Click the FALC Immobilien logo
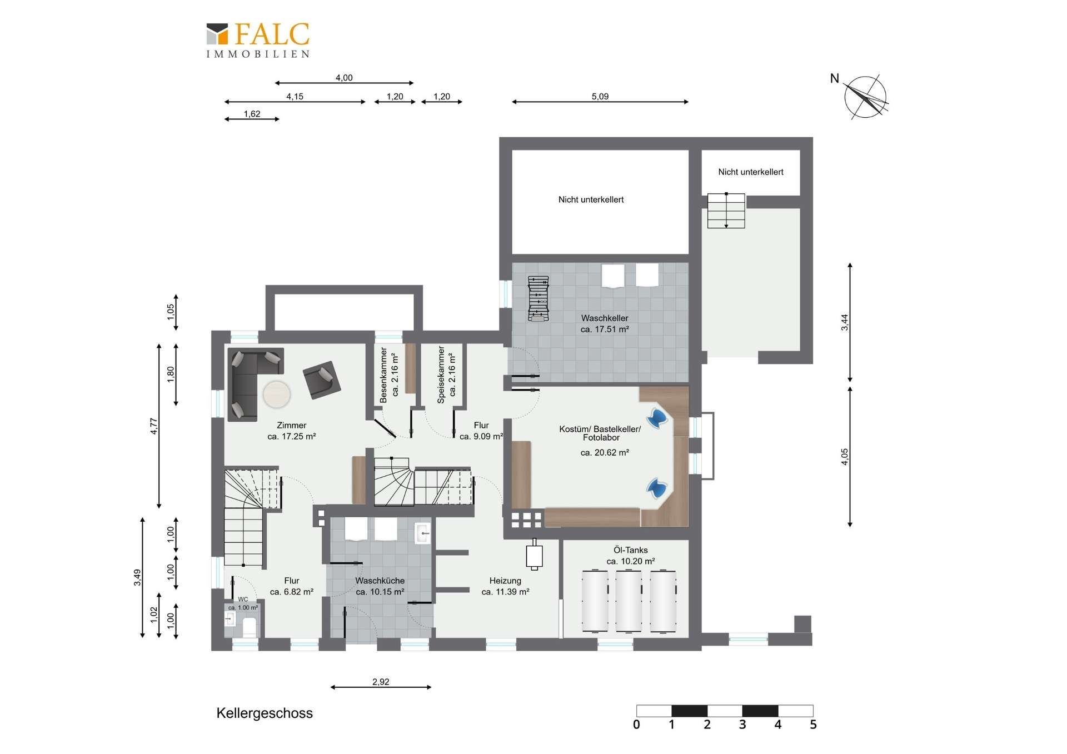258,40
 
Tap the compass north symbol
865,97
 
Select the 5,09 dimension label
600,96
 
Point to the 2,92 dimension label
381,682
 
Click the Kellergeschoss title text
265,713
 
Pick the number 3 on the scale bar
742,725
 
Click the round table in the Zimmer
276,395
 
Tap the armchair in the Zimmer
322,380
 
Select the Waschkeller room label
605,323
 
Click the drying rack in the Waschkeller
538,298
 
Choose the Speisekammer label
446,374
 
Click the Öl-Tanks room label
631,556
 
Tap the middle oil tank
629,601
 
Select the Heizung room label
505,586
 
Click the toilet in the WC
250,627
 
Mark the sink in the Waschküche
423,533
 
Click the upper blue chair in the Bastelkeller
657,418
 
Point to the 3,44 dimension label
845,322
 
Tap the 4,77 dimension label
154,426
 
